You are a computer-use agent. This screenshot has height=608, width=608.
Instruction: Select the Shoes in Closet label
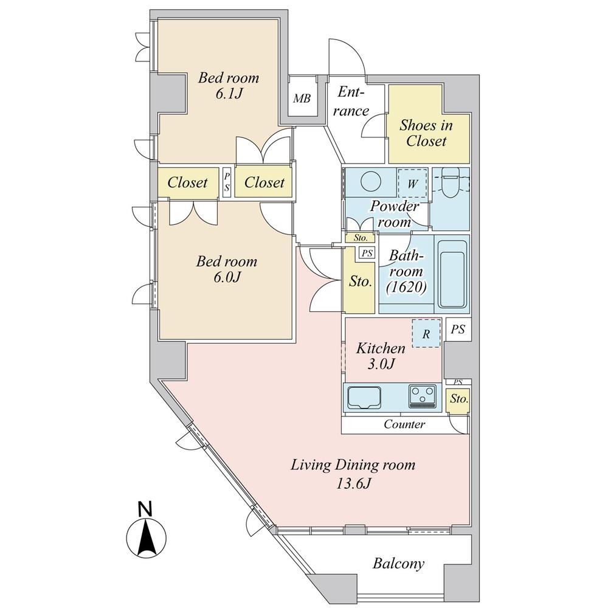[426, 133]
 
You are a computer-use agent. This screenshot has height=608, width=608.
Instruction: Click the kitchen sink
[365, 398]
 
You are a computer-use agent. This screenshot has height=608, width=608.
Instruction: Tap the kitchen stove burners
[422, 396]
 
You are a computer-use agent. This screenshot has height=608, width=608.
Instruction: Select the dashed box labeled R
[426, 334]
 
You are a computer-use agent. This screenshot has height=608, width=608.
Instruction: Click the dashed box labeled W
[412, 184]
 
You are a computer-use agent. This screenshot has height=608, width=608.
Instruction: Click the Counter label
[404, 424]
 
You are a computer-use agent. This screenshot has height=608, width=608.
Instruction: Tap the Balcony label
[398, 564]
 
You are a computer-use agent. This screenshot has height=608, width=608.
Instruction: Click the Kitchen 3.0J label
[381, 356]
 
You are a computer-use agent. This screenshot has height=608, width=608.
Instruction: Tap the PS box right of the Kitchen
[458, 330]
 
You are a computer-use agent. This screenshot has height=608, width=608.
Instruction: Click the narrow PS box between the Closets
[227, 182]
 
